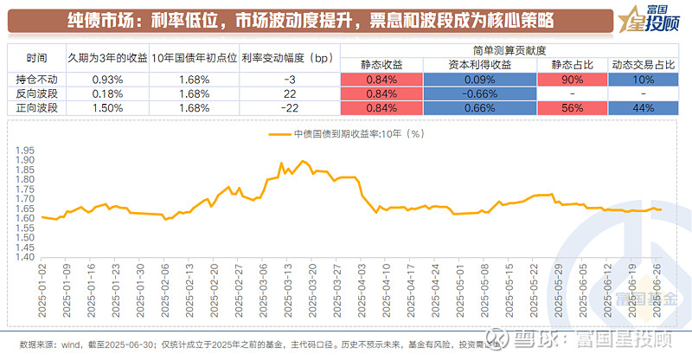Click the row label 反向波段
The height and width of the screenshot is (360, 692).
(37, 94)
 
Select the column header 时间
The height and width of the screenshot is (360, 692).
(37, 60)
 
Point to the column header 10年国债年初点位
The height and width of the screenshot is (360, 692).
(191, 60)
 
